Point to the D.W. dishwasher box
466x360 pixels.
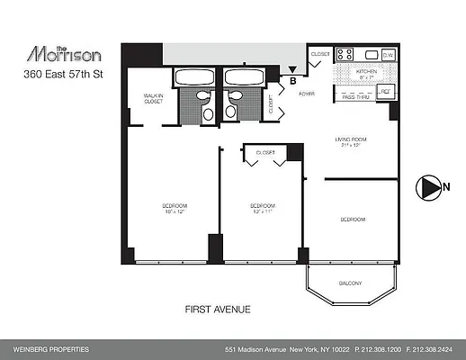(x=388, y=54)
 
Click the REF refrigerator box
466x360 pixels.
(x=385, y=91)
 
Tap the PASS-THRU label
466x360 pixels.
(x=355, y=95)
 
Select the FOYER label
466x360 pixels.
(x=306, y=93)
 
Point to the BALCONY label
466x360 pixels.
(x=350, y=284)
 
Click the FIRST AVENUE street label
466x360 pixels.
(x=218, y=310)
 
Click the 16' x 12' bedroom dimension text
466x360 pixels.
(x=174, y=211)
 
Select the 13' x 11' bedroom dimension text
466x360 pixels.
(x=262, y=211)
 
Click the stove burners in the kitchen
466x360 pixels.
(x=345, y=54)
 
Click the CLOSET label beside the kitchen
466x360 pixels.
(x=320, y=54)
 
